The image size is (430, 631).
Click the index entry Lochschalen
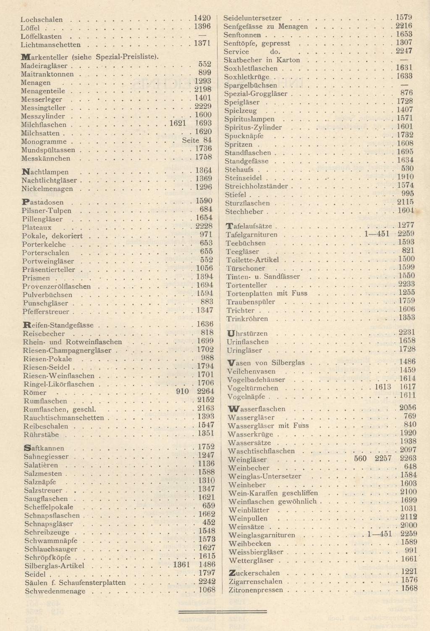(41, 19)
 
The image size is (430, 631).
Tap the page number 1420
(202, 18)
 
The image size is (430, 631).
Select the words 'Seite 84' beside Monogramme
(197, 140)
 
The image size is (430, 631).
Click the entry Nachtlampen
(45, 172)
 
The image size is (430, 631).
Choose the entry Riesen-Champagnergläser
(67, 350)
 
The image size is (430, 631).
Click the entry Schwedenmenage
(55, 591)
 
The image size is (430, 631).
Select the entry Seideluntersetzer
(252, 18)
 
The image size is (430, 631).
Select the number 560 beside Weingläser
(360, 458)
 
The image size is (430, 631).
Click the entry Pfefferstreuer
(46, 312)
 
